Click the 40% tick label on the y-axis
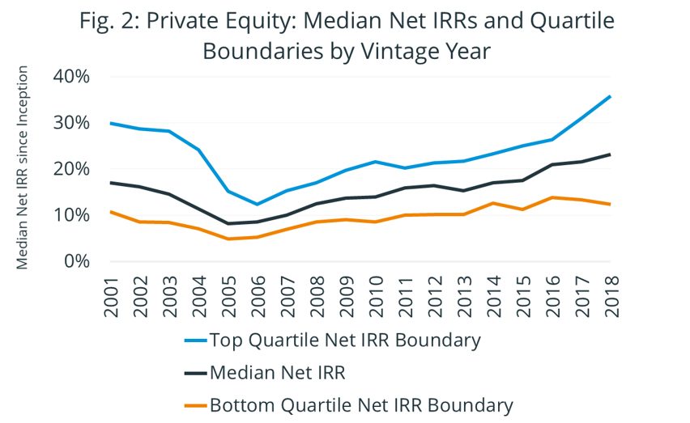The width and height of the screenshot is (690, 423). pyautogui.click(x=72, y=77)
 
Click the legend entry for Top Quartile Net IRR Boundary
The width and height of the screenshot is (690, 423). pyautogui.click(x=344, y=340)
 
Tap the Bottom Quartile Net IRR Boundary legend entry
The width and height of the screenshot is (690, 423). pyautogui.click(x=360, y=405)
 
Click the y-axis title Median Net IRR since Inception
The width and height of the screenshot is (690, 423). pyautogui.click(x=23, y=171)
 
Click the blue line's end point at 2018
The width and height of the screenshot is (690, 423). pyautogui.click(x=610, y=96)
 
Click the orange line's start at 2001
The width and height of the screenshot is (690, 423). pyautogui.click(x=111, y=212)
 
